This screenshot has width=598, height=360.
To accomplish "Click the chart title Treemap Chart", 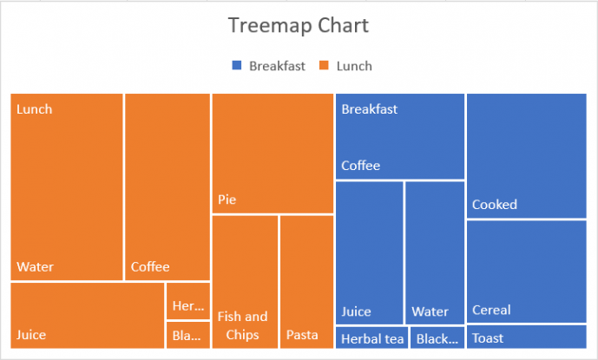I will coord(298,25).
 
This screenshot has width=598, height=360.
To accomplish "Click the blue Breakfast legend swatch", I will coord(237,66).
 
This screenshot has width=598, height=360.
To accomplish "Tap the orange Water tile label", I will coord(35,266).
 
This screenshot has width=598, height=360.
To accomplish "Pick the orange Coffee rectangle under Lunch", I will coord(168,187).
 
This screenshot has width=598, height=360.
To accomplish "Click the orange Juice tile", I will coord(87,315).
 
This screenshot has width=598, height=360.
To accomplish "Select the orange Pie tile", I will coord(273,153).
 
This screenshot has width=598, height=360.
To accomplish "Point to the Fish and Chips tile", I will coord(244,282).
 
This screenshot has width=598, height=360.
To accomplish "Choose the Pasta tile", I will coord(306,282).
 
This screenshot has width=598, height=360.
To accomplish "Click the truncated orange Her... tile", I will coord(188,300).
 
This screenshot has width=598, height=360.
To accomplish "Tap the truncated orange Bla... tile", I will coord(188,335).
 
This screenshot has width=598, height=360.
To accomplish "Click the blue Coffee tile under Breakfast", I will coord(399,136).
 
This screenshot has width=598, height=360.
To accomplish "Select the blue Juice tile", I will coord(369,252).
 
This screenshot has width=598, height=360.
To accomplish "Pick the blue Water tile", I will coord(435,252).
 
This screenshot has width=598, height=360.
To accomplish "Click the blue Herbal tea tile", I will coord(371,337).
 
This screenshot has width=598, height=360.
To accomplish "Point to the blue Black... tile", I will coord(437,337).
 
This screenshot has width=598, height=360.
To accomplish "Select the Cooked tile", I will coord(526,155).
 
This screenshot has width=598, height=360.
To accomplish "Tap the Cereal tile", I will coord(526,272).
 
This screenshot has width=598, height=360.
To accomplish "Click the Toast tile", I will coord(526,337).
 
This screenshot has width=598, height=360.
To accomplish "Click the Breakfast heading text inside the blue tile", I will coord(369,109).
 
